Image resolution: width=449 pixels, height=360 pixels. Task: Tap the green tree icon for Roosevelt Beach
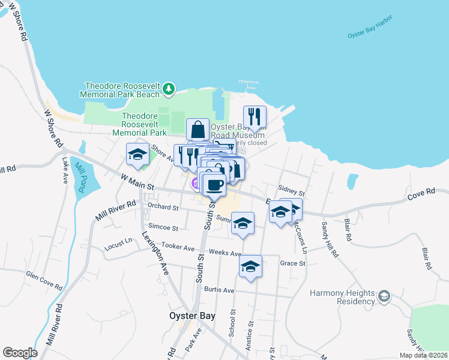[x=169, y=89]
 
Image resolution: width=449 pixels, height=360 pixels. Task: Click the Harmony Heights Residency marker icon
[x=384, y=296]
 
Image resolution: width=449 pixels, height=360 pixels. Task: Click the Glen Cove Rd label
[x=44, y=279]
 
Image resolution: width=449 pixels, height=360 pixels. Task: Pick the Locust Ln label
[x=118, y=242]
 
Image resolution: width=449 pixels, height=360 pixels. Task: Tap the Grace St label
[x=293, y=263]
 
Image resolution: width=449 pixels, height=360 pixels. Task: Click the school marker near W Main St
[x=137, y=154]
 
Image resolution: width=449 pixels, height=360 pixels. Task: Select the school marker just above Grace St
[x=250, y=266]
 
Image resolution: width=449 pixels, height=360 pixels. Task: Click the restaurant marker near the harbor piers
[x=255, y=116]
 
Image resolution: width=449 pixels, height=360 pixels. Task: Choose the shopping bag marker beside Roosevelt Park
[x=197, y=129]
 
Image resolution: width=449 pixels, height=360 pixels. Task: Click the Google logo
[x=20, y=353]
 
